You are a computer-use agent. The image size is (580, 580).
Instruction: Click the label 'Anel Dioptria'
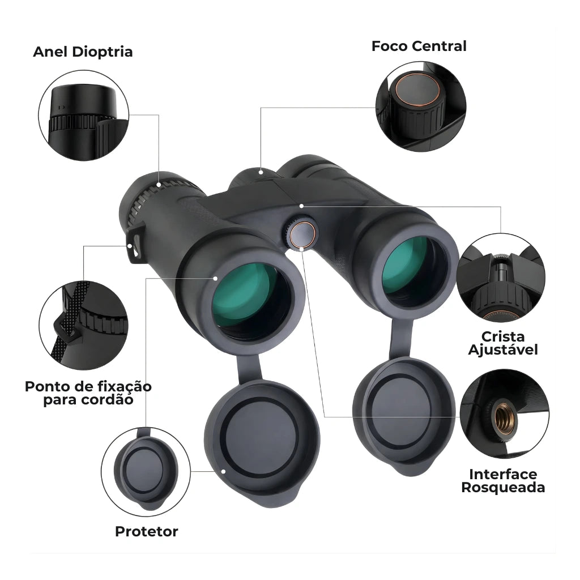point(83,52)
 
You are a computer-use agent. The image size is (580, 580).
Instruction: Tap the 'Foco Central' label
point(419,46)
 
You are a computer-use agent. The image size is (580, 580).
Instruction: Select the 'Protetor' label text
point(147,531)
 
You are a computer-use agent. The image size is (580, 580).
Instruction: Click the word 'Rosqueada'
point(503,488)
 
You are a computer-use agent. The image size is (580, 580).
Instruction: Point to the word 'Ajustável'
point(503,350)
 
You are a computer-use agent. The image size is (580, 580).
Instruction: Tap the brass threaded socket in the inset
point(505,419)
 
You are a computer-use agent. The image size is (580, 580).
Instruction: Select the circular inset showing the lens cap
point(146,472)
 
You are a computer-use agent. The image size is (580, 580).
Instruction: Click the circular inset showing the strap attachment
point(84,326)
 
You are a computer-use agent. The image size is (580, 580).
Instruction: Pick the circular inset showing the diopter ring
point(84,116)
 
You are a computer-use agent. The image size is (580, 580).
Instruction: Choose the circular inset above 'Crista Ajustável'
point(501,278)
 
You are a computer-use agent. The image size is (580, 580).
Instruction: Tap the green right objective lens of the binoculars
point(411,266)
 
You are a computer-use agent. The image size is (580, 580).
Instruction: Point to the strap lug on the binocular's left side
point(136,244)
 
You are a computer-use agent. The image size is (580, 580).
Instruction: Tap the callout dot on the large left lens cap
point(223,471)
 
